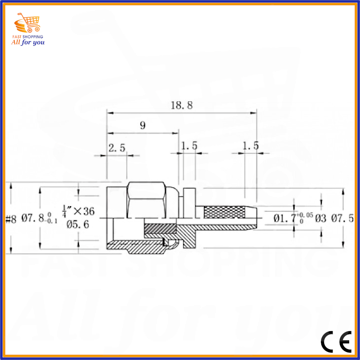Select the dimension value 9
[143, 126]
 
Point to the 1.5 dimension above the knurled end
[251, 146]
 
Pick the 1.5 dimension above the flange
[189, 146]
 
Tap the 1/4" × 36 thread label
[78, 210]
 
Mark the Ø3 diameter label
[320, 219]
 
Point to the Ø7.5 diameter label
[342, 219]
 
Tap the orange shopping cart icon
[27, 22]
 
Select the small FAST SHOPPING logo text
[27, 36]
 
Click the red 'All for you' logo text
[27, 42]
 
